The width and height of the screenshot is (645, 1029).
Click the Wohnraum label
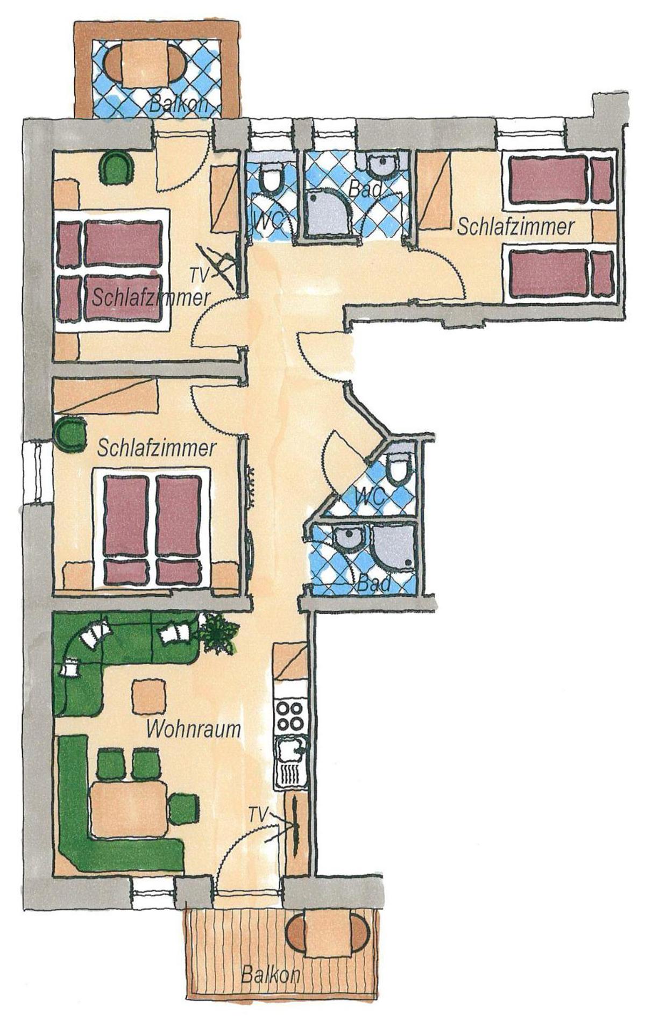(193, 730)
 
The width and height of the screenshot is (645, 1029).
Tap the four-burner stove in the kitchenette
(290, 716)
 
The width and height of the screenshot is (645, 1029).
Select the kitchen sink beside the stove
(290, 748)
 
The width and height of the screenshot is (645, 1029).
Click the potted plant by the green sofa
(216, 634)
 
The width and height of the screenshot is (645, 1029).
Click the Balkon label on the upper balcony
(178, 104)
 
